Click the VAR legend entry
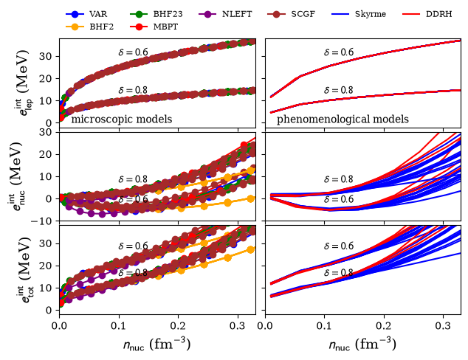pos(86,14)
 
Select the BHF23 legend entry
pos(156,14)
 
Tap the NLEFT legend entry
pos(225,14)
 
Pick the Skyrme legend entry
pos(359,14)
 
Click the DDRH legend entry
pos(427,14)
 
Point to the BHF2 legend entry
pos(89,27)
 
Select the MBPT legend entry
pos(154,27)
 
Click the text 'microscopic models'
pos(122,120)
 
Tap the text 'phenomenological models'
pos(343,120)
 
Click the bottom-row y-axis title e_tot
pos(22,270)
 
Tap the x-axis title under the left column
pos(156,345)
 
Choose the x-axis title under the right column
pos(362,345)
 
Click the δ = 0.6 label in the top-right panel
pos(339,52)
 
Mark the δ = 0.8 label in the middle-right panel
pos(339,179)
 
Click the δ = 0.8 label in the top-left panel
pos(133,90)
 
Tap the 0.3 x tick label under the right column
pos(443,325)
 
